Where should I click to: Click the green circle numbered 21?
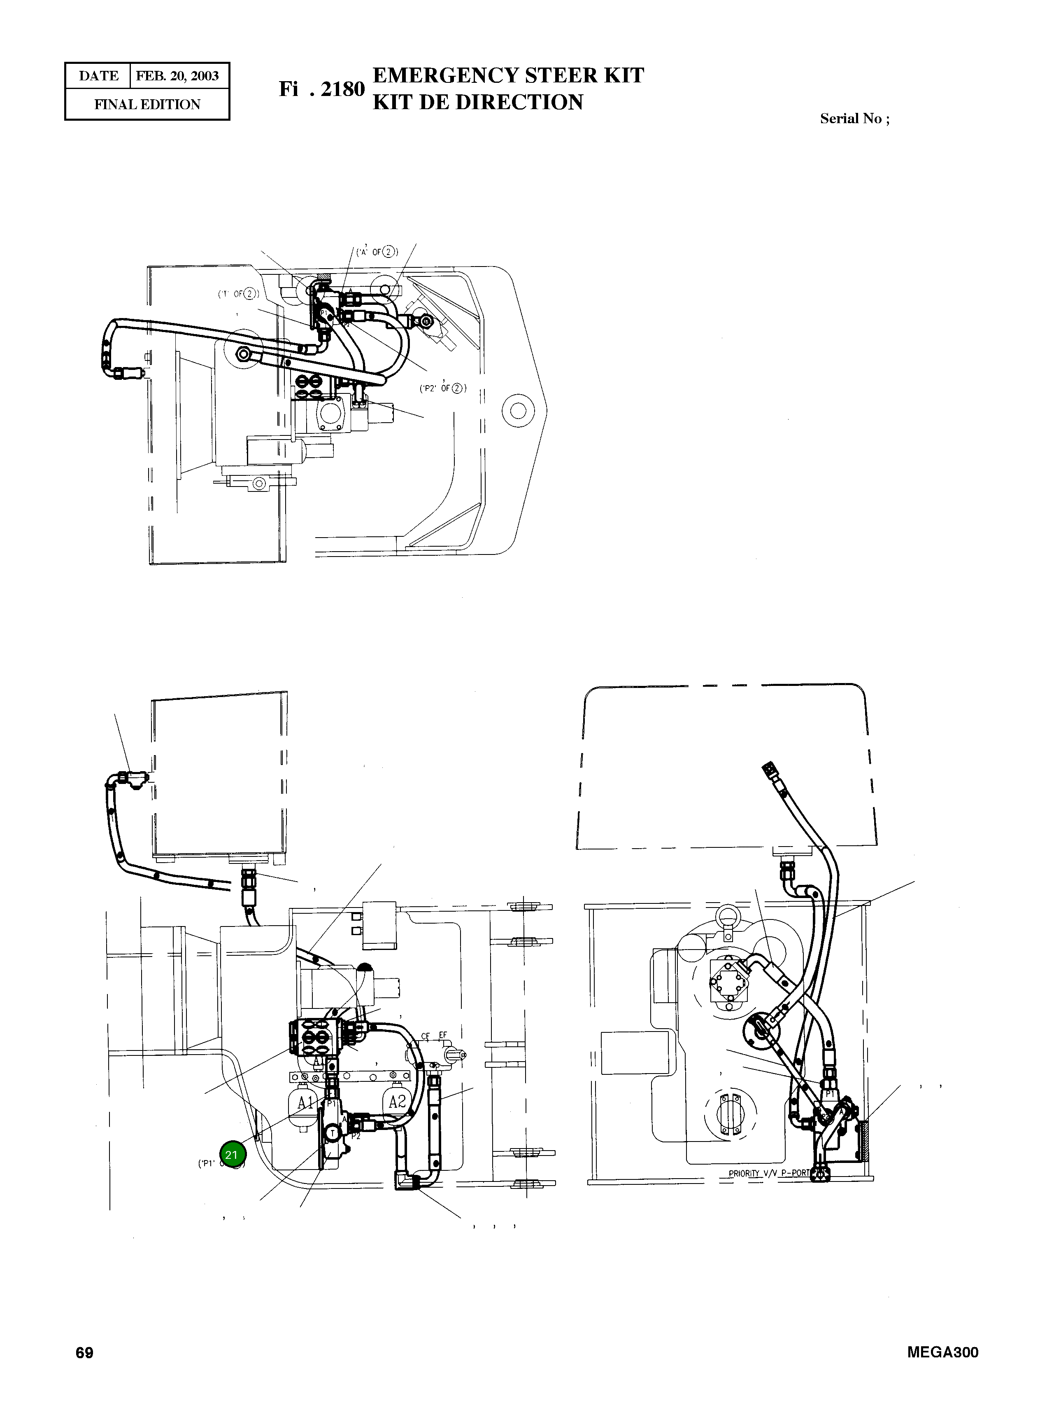pyautogui.click(x=232, y=1155)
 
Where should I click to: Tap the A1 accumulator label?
pyautogui.click(x=306, y=1102)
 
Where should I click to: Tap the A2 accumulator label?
pyautogui.click(x=397, y=1102)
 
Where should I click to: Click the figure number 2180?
pyautogui.click(x=342, y=89)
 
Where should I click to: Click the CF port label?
pyautogui.click(x=426, y=1035)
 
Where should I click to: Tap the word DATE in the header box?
pyautogui.click(x=98, y=76)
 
